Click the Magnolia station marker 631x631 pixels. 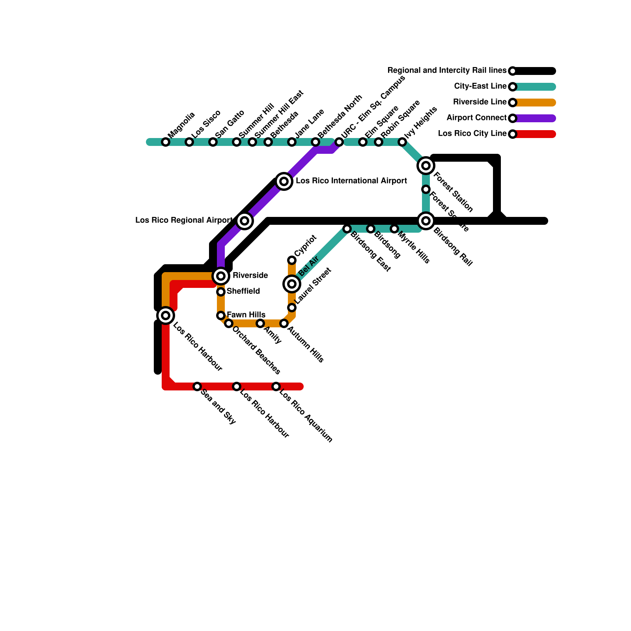click(166, 142)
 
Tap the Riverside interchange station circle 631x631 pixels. click(221, 276)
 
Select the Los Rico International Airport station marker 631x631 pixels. click(284, 181)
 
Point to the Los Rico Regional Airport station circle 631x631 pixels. click(245, 221)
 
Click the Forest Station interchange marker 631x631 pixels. click(426, 166)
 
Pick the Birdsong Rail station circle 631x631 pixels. click(426, 221)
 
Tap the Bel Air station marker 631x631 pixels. click(292, 284)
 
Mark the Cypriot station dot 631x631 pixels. click(292, 260)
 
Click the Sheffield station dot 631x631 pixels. click(221, 292)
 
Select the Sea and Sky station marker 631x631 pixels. click(197, 386)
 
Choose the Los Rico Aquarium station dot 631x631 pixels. click(276, 386)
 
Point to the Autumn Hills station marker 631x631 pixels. click(284, 323)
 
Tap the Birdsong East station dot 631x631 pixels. click(347, 229)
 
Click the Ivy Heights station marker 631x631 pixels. click(402, 142)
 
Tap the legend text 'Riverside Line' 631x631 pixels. click(480, 102)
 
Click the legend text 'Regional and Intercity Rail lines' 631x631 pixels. click(446, 71)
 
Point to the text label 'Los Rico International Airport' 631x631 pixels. click(351, 181)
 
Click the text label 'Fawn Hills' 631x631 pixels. click(246, 315)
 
